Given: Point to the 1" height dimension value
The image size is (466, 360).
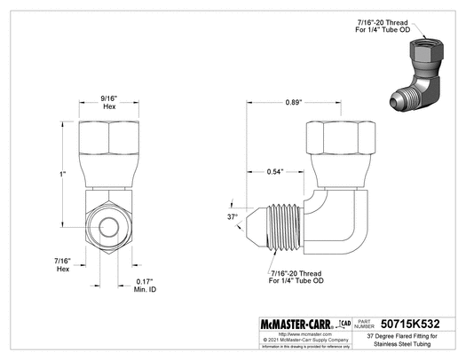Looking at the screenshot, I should click(62, 175).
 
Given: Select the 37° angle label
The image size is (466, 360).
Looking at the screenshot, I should click(233, 215).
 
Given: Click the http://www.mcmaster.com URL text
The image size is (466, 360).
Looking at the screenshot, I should click(285, 334).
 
